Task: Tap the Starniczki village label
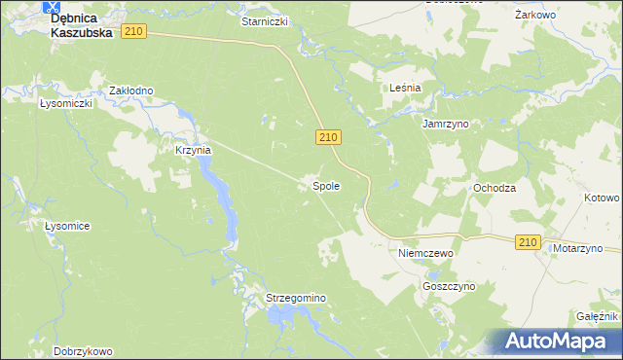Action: [265, 20]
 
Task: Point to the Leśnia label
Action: [404, 88]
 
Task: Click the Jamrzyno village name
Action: [445, 125]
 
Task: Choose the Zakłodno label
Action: [130, 90]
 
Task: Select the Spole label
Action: [325, 185]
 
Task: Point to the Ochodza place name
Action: [494, 187]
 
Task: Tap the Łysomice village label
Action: [67, 226]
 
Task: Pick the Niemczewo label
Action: [426, 252]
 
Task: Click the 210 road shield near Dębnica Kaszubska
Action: [134, 32]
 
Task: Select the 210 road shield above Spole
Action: [327, 140]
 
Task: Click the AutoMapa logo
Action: [555, 341]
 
